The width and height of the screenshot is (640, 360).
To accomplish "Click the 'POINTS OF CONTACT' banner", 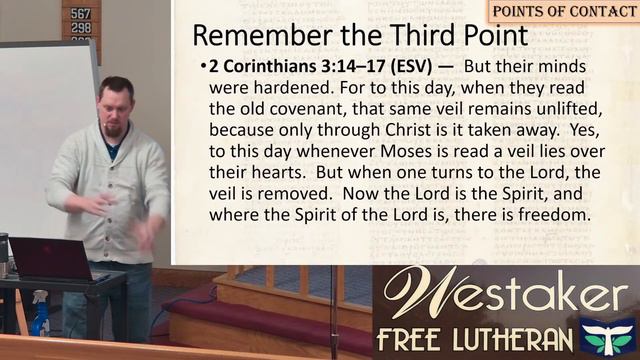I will point(564,11).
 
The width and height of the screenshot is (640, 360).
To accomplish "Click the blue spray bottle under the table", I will point(40,318).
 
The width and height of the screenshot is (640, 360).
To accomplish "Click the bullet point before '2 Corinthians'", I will point(203,69).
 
